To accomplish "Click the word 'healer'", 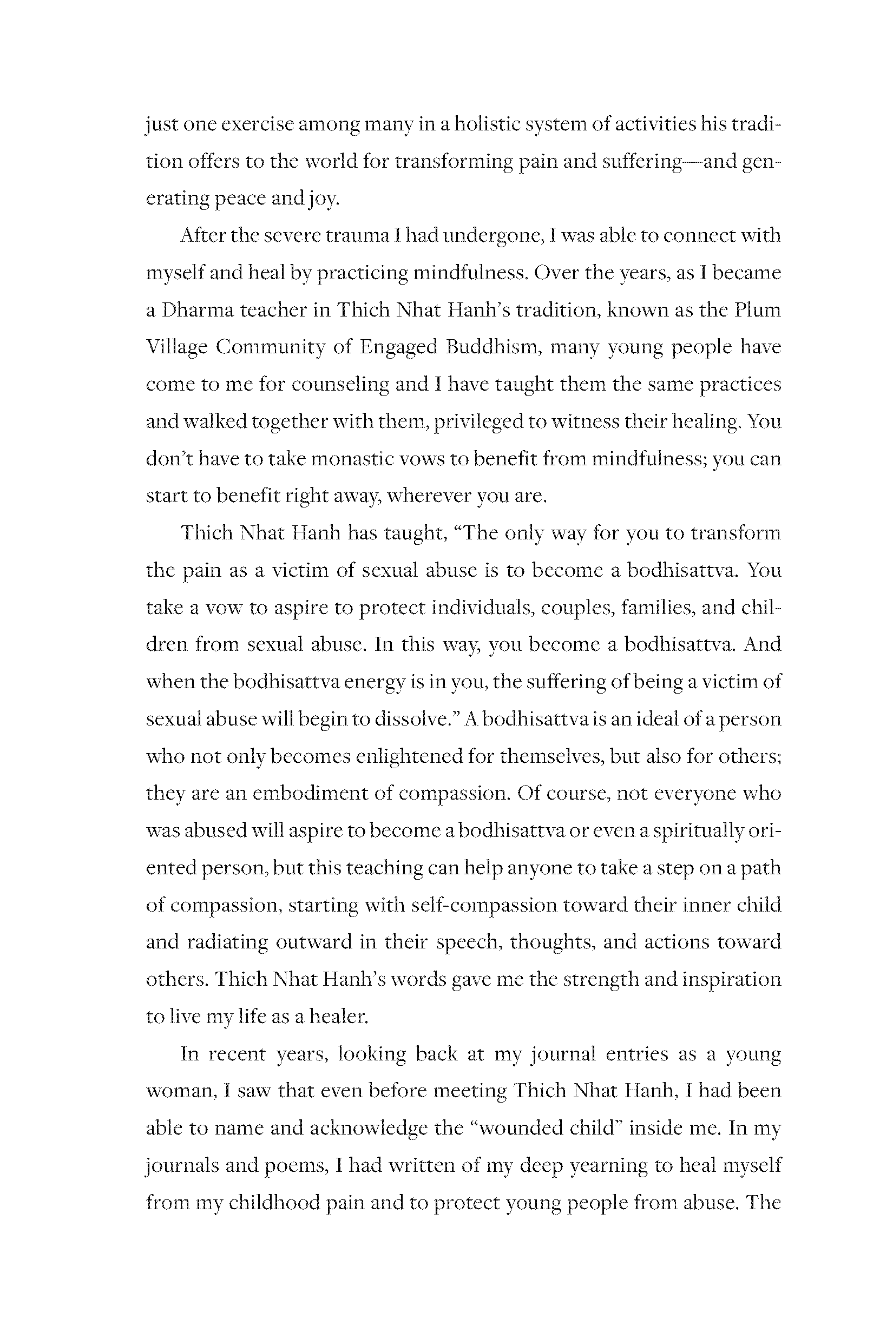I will click(338, 1017).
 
